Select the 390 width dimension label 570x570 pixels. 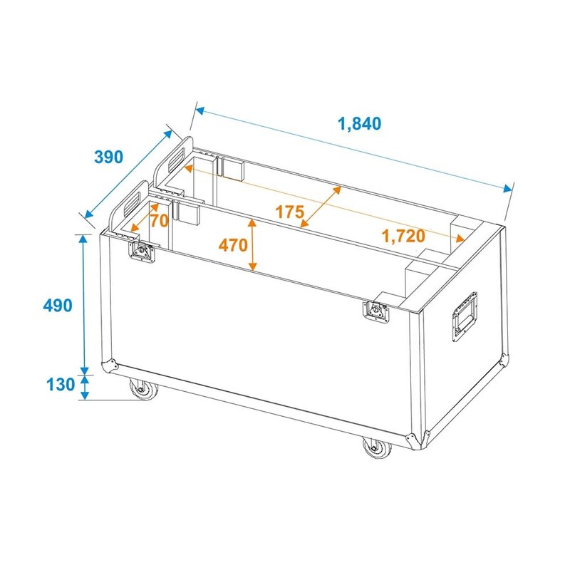point(109,157)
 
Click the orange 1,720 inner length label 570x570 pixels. point(403,236)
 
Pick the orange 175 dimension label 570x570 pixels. point(290,212)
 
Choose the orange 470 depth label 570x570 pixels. point(233,245)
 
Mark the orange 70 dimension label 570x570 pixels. point(159,221)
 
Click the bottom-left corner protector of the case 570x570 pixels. point(110,365)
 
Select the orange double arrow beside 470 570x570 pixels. point(253,245)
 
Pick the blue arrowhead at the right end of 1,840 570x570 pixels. point(508,190)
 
